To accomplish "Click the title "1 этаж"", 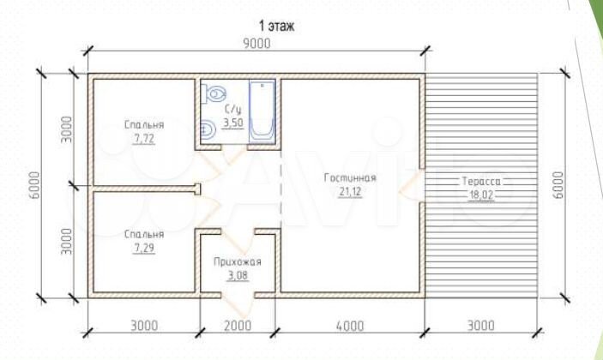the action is tap(276, 26).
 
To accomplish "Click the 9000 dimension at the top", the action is tap(256, 44).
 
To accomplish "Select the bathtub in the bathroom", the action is tap(262, 111).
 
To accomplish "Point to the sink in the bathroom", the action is tap(208, 129).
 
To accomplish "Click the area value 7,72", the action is tap(144, 139).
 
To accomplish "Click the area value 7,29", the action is tap(144, 249).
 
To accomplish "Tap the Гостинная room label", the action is tap(350, 178).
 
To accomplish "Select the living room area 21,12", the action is tap(350, 191).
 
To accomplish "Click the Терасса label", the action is tap(481, 181).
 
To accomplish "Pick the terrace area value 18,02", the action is tap(481, 195).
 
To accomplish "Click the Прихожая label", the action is tap(238, 262).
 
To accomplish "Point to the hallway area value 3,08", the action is tap(238, 275).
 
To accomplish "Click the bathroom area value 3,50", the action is tap(233, 123).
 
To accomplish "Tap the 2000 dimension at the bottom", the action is tap(238, 326).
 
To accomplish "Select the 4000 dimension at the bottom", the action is tap(350, 326).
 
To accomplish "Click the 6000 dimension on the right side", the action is tap(558, 185).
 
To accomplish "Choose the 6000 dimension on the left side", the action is tap(34, 185).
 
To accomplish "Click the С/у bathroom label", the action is tap(233, 110).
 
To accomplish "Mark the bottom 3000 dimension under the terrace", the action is tap(481, 326).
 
